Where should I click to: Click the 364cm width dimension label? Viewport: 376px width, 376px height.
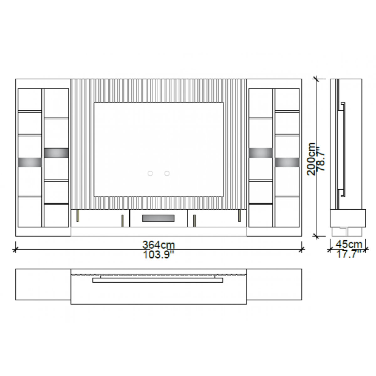tap(159, 245)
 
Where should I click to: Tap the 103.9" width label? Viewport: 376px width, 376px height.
tap(159, 254)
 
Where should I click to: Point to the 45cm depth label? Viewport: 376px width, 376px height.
tap(349, 244)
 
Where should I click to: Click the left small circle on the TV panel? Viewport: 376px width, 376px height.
tap(150, 173)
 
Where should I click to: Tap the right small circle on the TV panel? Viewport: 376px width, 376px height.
tap(167, 173)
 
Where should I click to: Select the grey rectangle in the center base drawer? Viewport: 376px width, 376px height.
tap(158, 218)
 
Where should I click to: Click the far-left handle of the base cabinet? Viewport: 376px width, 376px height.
tap(78, 216)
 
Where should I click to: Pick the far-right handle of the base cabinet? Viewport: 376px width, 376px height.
tap(239, 216)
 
